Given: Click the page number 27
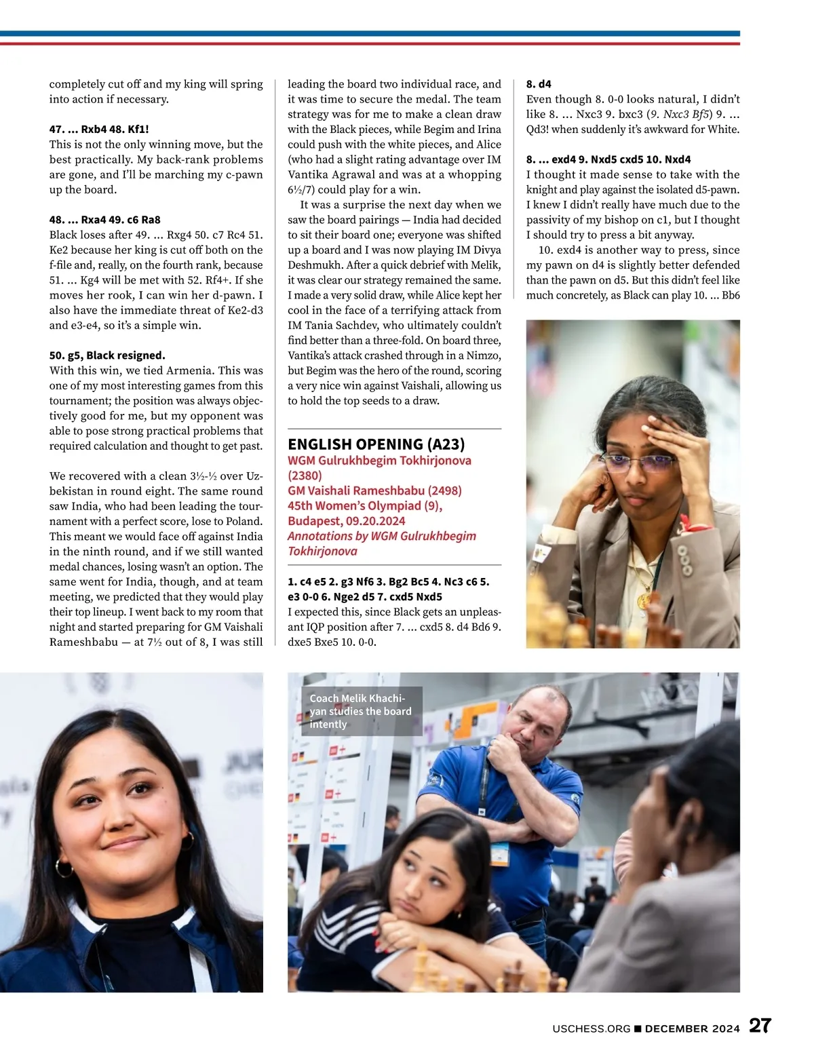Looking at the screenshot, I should click(760, 1026).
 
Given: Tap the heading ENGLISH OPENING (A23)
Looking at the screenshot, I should click(376, 444).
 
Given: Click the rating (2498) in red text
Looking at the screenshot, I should click(444, 490).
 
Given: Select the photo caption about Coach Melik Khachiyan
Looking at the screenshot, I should click(361, 711).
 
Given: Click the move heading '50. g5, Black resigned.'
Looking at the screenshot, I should click(107, 355).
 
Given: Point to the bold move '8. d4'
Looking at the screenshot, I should click(539, 84).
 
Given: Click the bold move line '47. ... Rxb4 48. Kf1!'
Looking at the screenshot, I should click(99, 129).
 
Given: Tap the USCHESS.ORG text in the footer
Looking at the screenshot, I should click(591, 1029).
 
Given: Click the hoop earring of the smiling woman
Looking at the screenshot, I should click(63, 868).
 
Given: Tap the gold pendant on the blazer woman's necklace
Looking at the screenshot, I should click(642, 600).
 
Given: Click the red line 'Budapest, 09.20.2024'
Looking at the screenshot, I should click(346, 521).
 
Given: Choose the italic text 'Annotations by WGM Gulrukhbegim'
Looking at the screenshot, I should click(381, 536).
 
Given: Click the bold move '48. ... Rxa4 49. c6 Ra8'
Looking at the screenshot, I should click(104, 220).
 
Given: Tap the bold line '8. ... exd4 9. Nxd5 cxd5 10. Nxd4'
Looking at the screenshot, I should click(608, 159).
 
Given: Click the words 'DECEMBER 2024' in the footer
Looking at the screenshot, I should click(692, 1029).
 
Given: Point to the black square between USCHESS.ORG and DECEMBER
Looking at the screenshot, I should click(638, 1029).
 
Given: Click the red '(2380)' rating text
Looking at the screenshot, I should click(305, 476).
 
